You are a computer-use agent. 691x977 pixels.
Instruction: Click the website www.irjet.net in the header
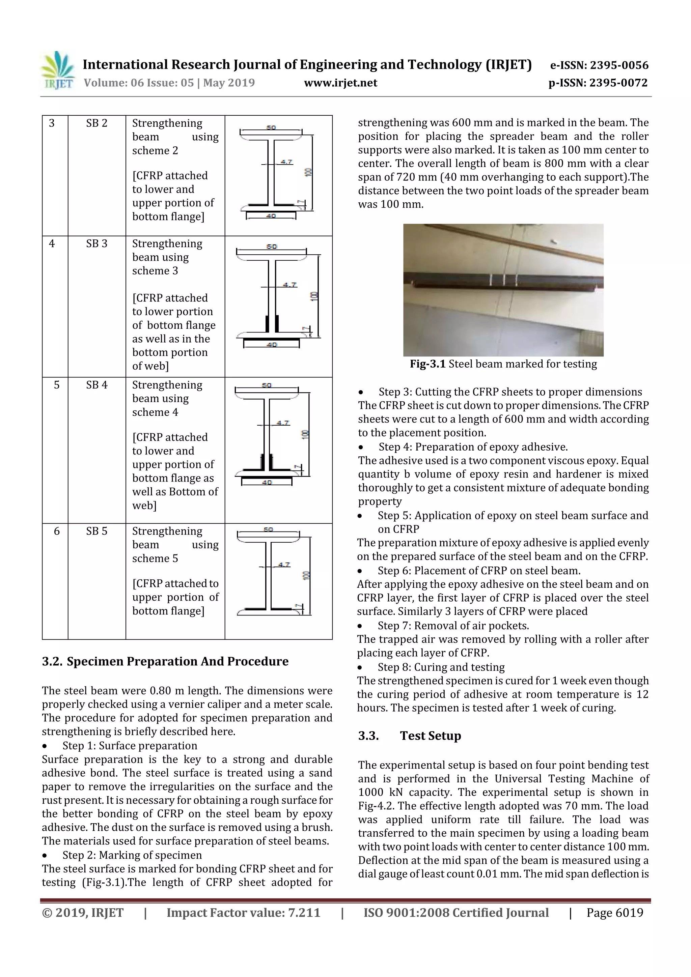340,83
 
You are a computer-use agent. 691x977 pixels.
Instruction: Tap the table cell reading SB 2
96,123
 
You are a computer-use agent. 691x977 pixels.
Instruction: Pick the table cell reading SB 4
96,385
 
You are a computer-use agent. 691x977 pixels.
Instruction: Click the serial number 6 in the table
57,531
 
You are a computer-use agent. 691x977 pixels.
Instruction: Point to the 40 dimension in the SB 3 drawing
272,344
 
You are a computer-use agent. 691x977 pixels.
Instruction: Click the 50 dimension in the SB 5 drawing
268,529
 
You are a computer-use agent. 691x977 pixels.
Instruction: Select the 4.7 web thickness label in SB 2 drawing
286,162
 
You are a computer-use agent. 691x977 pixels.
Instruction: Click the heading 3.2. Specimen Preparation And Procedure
165,661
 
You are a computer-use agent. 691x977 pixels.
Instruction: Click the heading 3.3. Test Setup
410,736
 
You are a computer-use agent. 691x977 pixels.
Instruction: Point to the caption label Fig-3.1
427,364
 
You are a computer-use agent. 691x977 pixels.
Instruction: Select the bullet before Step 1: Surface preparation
45,746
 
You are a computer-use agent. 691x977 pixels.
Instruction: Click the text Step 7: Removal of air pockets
453,626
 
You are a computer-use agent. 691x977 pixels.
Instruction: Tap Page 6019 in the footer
614,913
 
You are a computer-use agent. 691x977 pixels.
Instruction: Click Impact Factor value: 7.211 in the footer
243,913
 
